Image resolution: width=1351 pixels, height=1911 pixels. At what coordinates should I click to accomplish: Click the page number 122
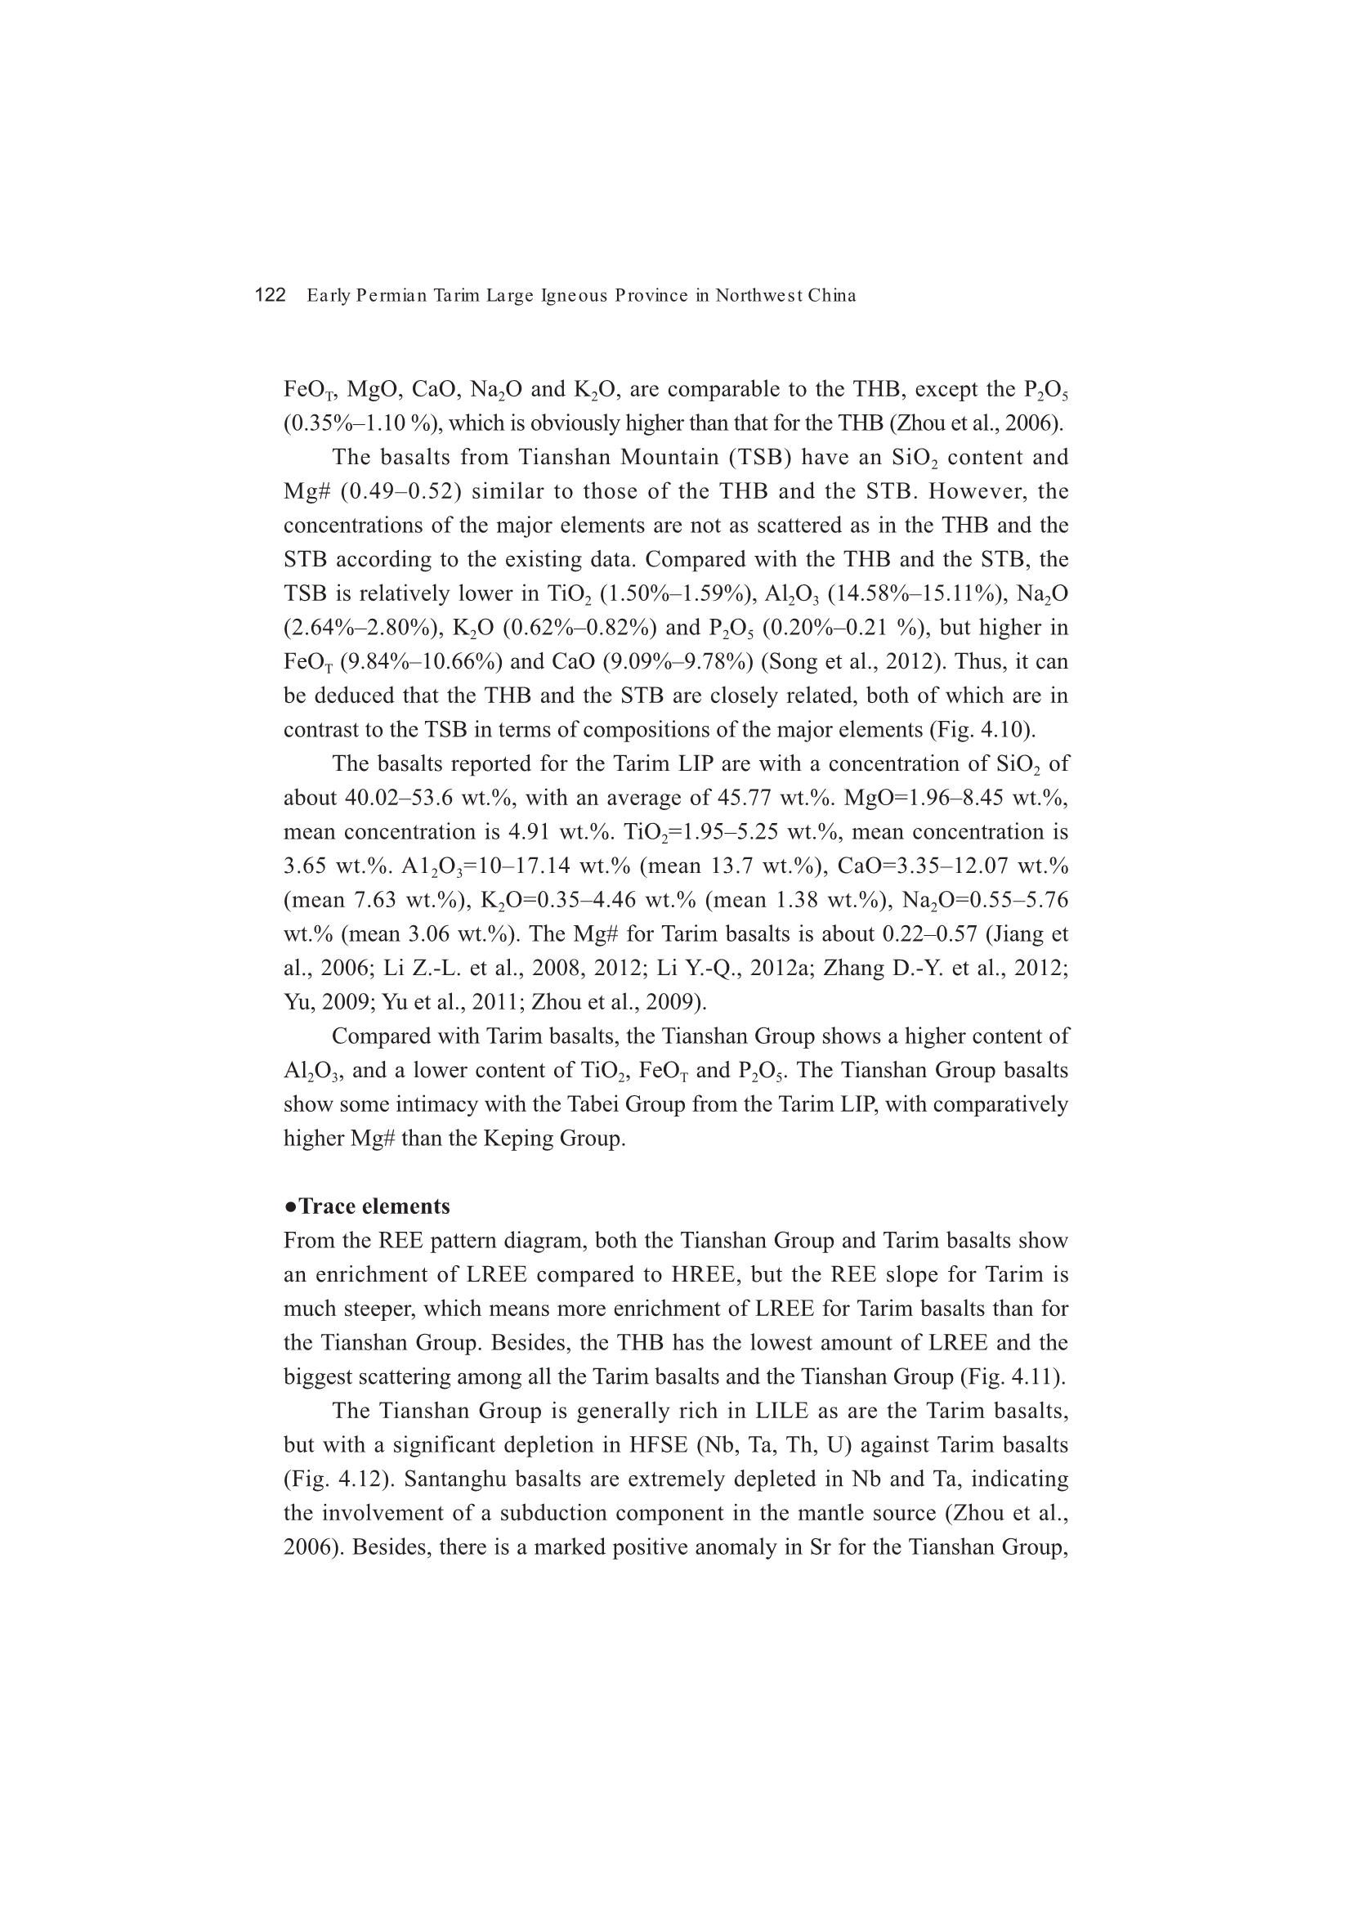tap(270, 295)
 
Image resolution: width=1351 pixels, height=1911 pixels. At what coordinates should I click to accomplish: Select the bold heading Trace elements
tap(374, 1206)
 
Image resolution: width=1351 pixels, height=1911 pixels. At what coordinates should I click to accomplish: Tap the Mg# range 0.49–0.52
tap(400, 491)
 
